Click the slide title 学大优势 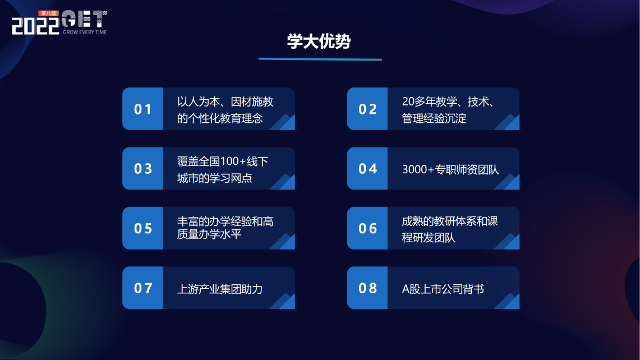click(x=319, y=41)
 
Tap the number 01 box click(x=143, y=109)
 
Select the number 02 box click(x=367, y=109)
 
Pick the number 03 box click(x=143, y=169)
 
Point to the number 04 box click(x=367, y=169)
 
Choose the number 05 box click(x=143, y=228)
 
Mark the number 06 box click(x=367, y=228)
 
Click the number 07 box click(x=143, y=288)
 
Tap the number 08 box click(x=367, y=288)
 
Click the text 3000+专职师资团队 click(x=450, y=169)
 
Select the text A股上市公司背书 click(x=443, y=289)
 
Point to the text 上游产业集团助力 click(x=220, y=289)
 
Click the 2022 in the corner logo click(x=35, y=26)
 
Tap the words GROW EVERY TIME click(x=85, y=32)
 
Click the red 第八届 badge click(x=49, y=13)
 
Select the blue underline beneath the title click(x=320, y=59)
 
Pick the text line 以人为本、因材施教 click(x=225, y=101)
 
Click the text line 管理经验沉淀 click(x=434, y=118)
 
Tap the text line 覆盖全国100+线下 click(x=223, y=161)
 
